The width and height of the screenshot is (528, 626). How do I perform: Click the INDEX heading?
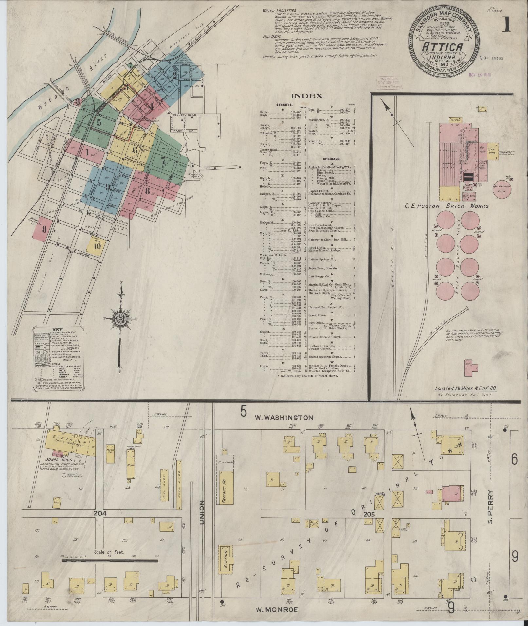click(x=307, y=96)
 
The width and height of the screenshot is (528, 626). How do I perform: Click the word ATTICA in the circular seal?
click(x=444, y=48)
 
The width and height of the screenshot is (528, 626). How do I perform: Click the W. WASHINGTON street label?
click(x=284, y=418)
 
